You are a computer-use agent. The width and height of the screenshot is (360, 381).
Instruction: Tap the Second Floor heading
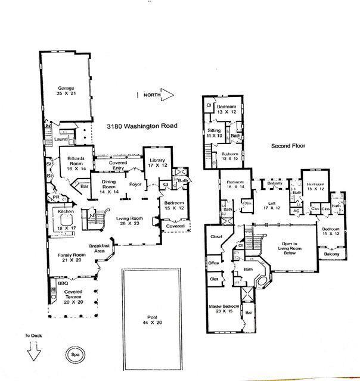pyautogui.click(x=288, y=145)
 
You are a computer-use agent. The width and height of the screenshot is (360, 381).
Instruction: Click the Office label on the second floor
pyautogui.click(x=213, y=263)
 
